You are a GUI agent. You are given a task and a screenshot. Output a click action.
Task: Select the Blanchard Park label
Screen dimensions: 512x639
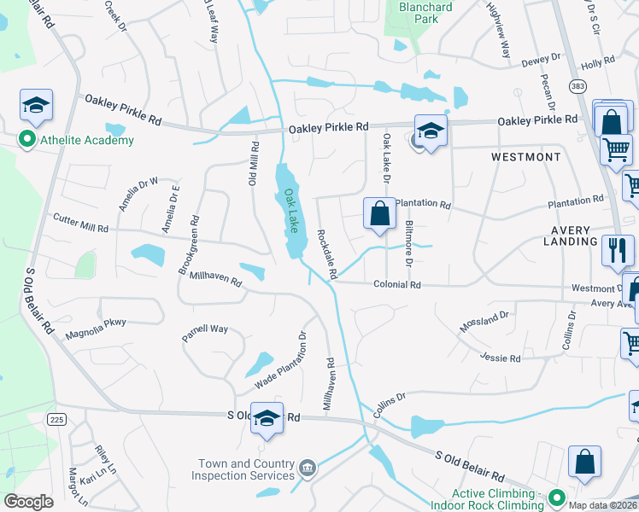pyautogui.click(x=425, y=12)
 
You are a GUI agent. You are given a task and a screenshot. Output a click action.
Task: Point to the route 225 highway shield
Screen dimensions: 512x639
pyautogui.click(x=57, y=419)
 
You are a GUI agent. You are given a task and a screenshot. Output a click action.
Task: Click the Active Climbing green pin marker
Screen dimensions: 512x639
pyautogui.click(x=557, y=496)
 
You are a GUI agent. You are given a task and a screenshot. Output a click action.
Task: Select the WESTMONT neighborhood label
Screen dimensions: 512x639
pyautogui.click(x=526, y=157)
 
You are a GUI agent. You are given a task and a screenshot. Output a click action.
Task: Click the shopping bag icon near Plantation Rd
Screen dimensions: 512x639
pyautogui.click(x=379, y=212)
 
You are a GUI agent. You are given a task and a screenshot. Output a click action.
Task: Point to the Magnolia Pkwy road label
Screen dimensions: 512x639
pyautogui.click(x=96, y=328)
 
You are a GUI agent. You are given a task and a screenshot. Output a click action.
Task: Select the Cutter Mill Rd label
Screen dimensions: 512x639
pyautogui.click(x=80, y=224)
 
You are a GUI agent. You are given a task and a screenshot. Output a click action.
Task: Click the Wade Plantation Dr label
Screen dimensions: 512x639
pyautogui.click(x=281, y=360)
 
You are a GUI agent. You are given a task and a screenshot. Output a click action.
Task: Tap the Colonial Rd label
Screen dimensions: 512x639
pyautogui.click(x=397, y=285)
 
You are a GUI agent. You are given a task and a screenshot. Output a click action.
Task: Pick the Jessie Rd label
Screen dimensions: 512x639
pyautogui.click(x=500, y=358)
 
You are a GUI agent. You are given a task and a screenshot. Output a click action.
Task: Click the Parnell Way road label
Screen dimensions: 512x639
pyautogui.click(x=205, y=333)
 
